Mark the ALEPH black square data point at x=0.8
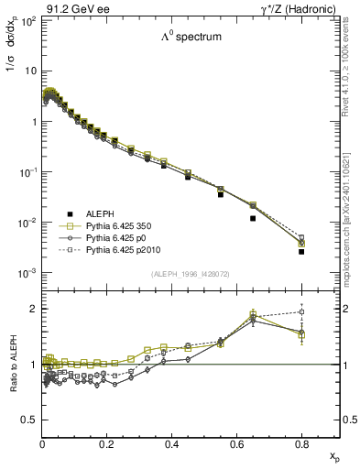(x=301, y=251)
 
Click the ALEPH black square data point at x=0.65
(x=253, y=218)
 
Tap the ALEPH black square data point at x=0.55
(x=221, y=194)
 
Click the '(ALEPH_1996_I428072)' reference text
(x=191, y=274)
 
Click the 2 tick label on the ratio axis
(x=34, y=309)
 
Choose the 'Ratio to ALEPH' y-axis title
(x=11, y=364)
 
